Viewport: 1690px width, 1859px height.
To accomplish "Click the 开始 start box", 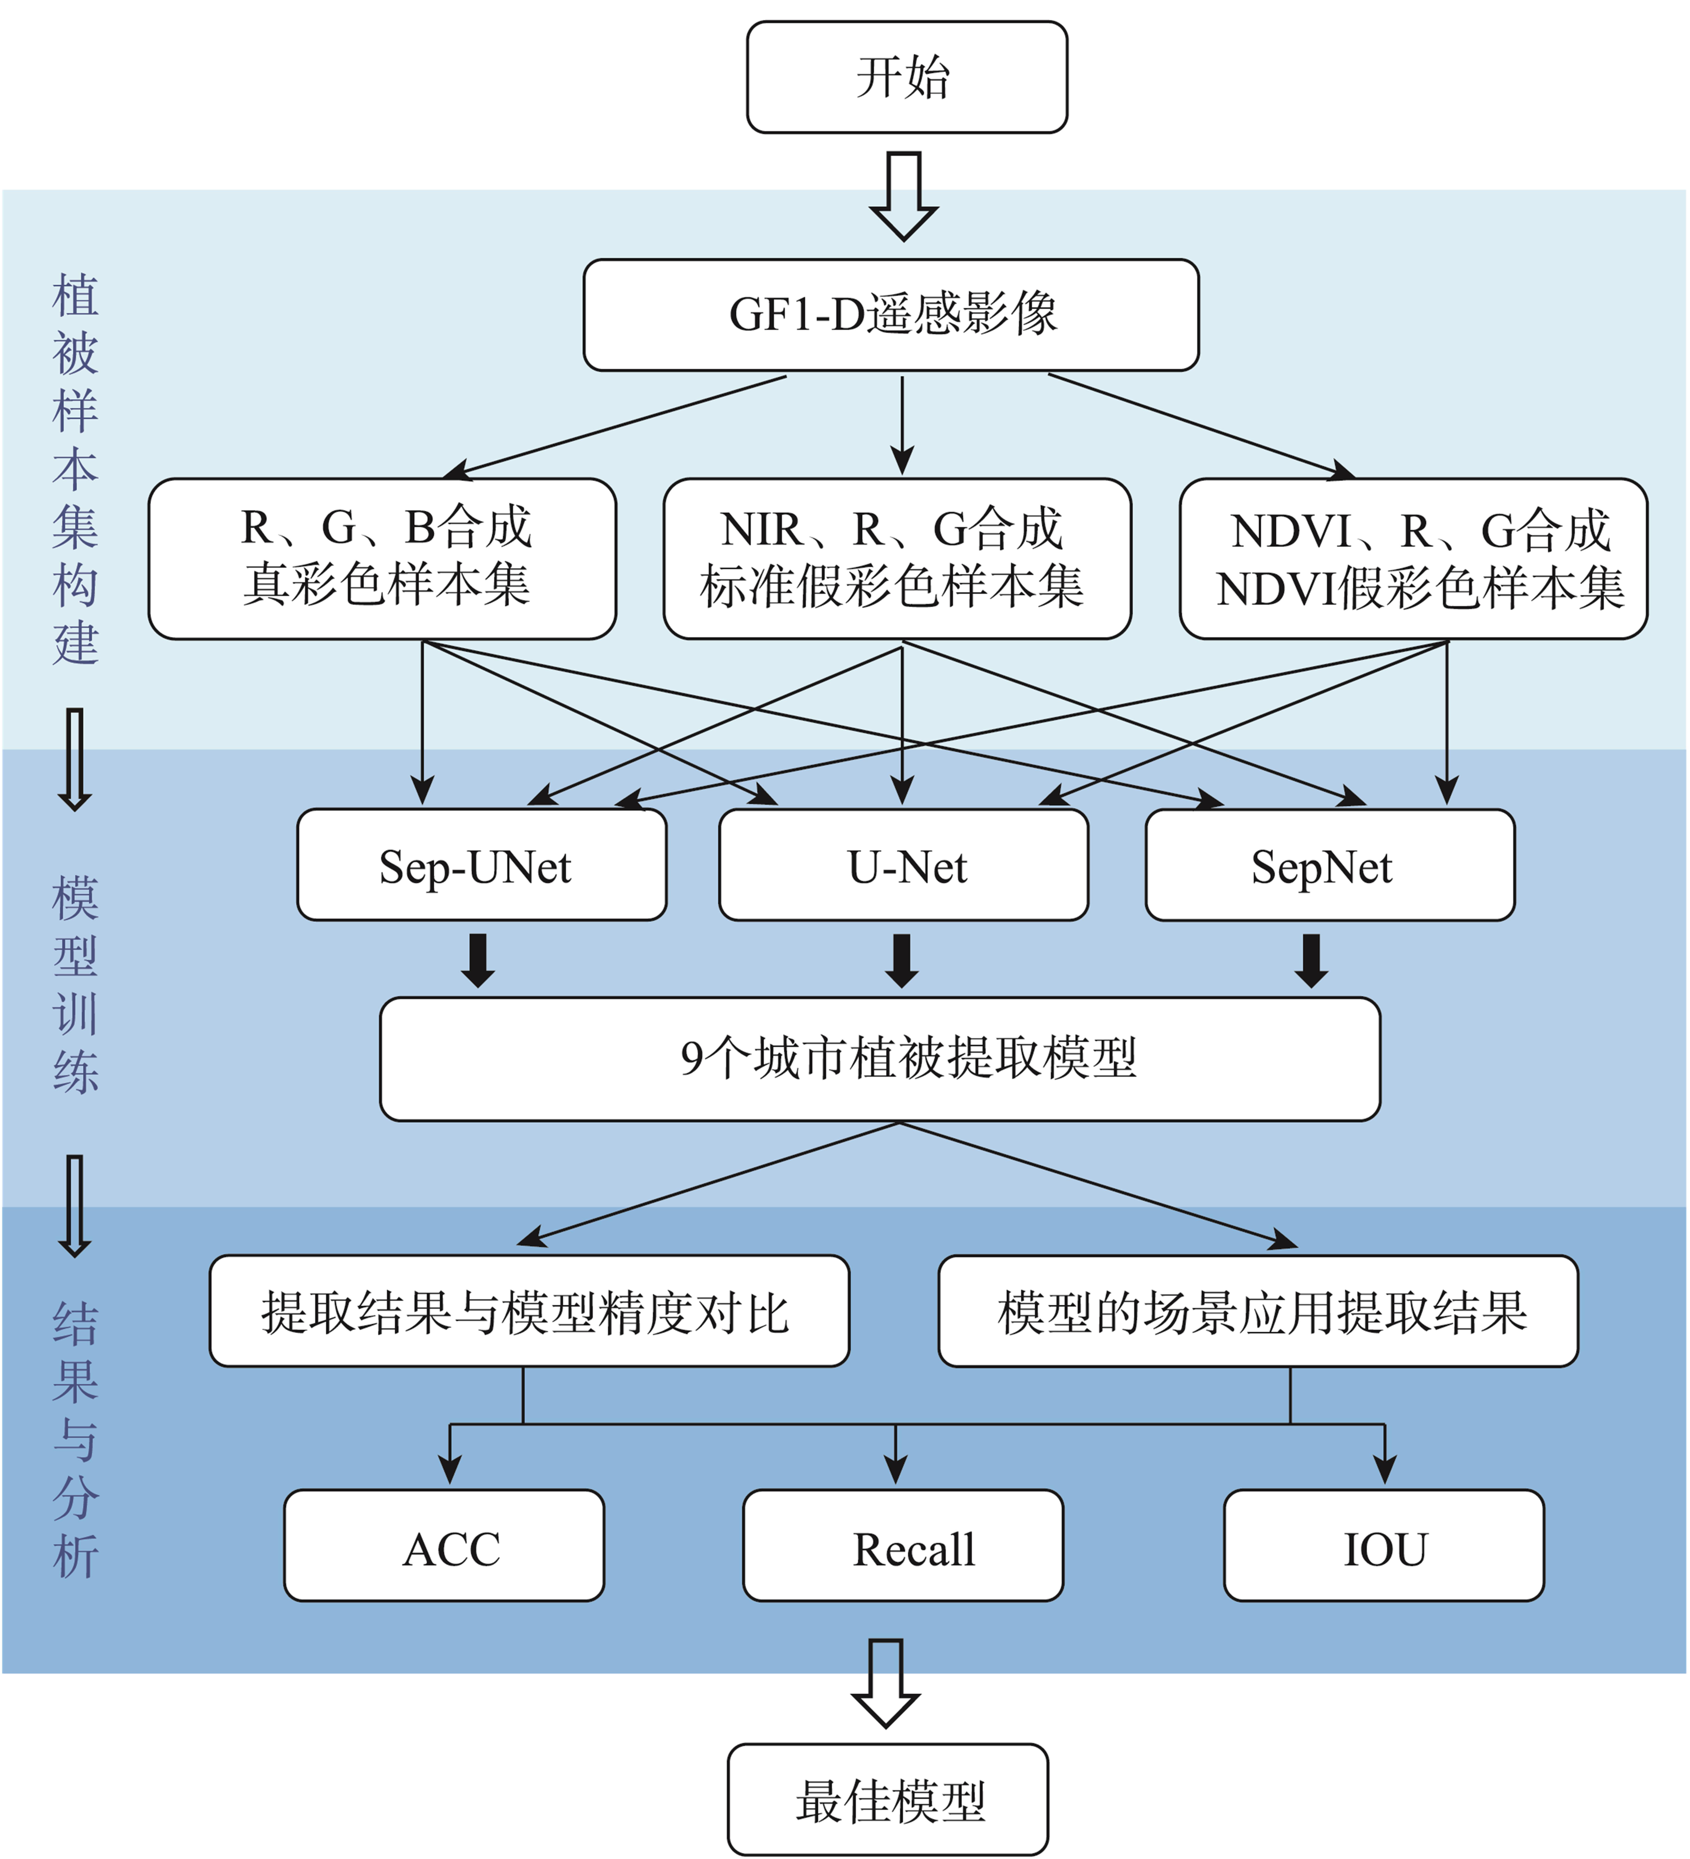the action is pyautogui.click(x=907, y=77).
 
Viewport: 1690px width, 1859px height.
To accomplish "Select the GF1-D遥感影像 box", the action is pyautogui.click(x=891, y=316).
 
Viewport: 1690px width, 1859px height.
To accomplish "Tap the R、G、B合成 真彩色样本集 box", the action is pyautogui.click(x=382, y=559).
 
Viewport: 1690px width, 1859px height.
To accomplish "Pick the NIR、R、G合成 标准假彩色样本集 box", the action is pyautogui.click(x=897, y=559).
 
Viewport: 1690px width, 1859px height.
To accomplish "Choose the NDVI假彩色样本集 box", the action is pyautogui.click(x=1413, y=559).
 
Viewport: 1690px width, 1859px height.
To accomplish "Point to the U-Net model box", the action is pyautogui.click(x=904, y=865).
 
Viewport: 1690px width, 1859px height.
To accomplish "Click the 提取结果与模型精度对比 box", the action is pyautogui.click(x=529, y=1311).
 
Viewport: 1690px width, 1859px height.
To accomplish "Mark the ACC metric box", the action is pyautogui.click(x=445, y=1545).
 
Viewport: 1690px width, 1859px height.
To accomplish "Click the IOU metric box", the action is pyautogui.click(x=1384, y=1545).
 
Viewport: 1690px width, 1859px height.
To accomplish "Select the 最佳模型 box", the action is pyautogui.click(x=888, y=1800).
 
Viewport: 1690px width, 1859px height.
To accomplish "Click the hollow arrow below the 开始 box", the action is pyautogui.click(x=904, y=196).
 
